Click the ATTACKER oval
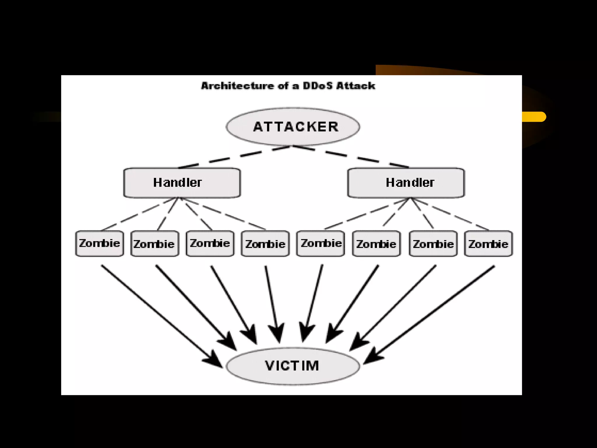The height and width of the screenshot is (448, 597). (x=293, y=127)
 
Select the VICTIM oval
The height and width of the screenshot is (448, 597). (x=293, y=366)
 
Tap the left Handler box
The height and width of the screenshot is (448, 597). (x=182, y=183)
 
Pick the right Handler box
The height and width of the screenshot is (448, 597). (x=406, y=183)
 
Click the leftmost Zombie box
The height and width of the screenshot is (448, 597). (x=99, y=244)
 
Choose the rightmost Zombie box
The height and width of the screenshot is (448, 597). (x=488, y=244)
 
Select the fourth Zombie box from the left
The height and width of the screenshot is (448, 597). (x=265, y=244)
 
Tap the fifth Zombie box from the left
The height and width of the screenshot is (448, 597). (x=320, y=244)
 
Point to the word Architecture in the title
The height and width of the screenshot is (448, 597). (x=237, y=86)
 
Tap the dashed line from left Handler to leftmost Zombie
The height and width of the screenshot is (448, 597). (x=137, y=215)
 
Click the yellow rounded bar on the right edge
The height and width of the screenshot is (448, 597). (x=533, y=117)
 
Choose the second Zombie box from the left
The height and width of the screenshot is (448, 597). (x=155, y=244)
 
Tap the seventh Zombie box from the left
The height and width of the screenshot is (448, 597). (x=433, y=244)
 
